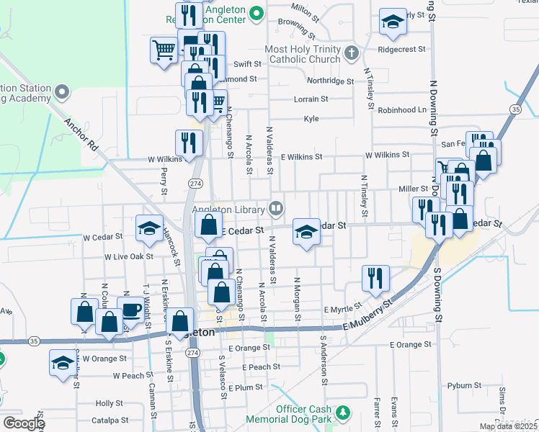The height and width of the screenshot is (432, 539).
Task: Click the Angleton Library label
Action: coord(228,209)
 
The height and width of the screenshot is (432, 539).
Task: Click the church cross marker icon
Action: coord(351,52)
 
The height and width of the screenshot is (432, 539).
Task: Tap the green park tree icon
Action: coord(344,413)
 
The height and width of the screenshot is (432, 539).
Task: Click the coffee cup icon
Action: coord(130,310)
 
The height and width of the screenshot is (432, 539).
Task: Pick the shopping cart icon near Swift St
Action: coord(164,50)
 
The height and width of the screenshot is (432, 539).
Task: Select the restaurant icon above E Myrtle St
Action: coord(375,277)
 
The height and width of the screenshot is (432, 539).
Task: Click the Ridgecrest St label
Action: coord(400,50)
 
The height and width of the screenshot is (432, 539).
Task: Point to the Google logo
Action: coord(24,423)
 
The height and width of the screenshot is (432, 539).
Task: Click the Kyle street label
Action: coord(311,119)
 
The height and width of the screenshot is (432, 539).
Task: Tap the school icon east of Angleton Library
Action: coord(306,232)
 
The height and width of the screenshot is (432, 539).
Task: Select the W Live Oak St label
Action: coord(129,256)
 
